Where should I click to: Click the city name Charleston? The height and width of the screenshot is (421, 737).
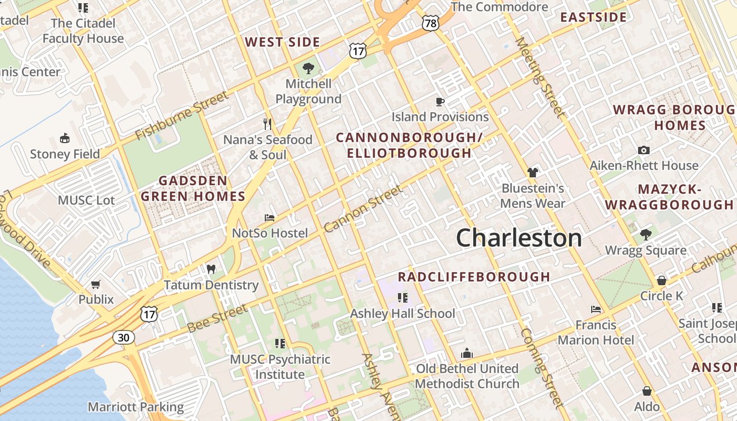pyautogui.click(x=519, y=238)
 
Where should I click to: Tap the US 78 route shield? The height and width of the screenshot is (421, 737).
pyautogui.click(x=430, y=23)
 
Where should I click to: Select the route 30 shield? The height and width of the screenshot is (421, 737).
pyautogui.click(x=123, y=337)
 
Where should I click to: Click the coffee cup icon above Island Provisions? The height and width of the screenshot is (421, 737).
pyautogui.click(x=440, y=102)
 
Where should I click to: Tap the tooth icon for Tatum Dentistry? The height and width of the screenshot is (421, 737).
pyautogui.click(x=211, y=269)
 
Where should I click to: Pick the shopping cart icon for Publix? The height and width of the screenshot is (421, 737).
pyautogui.click(x=96, y=284)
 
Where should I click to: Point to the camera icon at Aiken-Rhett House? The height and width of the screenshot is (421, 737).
pyautogui.click(x=643, y=151)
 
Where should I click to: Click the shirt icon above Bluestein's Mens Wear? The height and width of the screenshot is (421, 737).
pyautogui.click(x=533, y=172)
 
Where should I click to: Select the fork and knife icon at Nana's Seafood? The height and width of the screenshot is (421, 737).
pyautogui.click(x=267, y=124)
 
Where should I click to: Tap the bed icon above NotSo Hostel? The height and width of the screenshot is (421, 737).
pyautogui.click(x=270, y=217)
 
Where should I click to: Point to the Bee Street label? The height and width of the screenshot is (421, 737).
pyautogui.click(x=217, y=318)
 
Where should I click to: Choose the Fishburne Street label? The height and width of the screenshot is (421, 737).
pyautogui.click(x=182, y=115)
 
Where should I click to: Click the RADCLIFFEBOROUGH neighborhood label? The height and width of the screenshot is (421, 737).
pyautogui.click(x=474, y=277)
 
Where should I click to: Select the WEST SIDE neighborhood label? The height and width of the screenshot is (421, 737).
pyautogui.click(x=282, y=42)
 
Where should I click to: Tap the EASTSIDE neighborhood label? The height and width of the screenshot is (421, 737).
pyautogui.click(x=593, y=17)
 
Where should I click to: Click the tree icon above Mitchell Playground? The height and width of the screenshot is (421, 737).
pyautogui.click(x=308, y=68)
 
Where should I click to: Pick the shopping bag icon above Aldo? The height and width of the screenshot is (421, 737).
pyautogui.click(x=647, y=391)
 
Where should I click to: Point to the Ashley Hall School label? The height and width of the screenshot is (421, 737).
pyautogui.click(x=403, y=314)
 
